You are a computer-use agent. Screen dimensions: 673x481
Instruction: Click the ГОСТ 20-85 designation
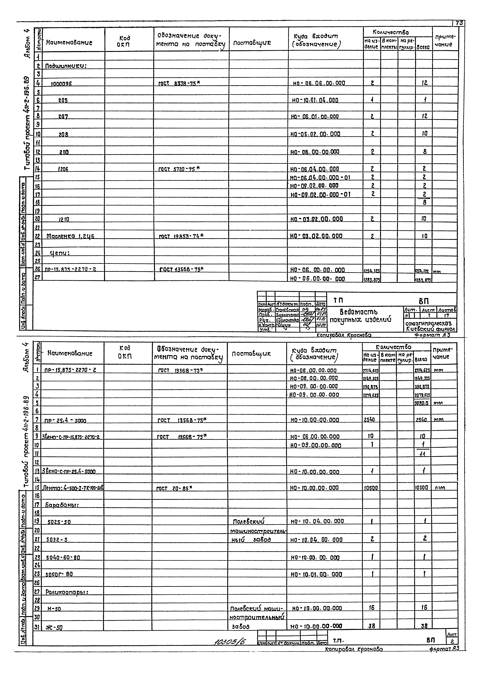click(x=174, y=488)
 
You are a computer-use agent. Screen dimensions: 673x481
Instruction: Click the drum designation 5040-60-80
click(x=63, y=558)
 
